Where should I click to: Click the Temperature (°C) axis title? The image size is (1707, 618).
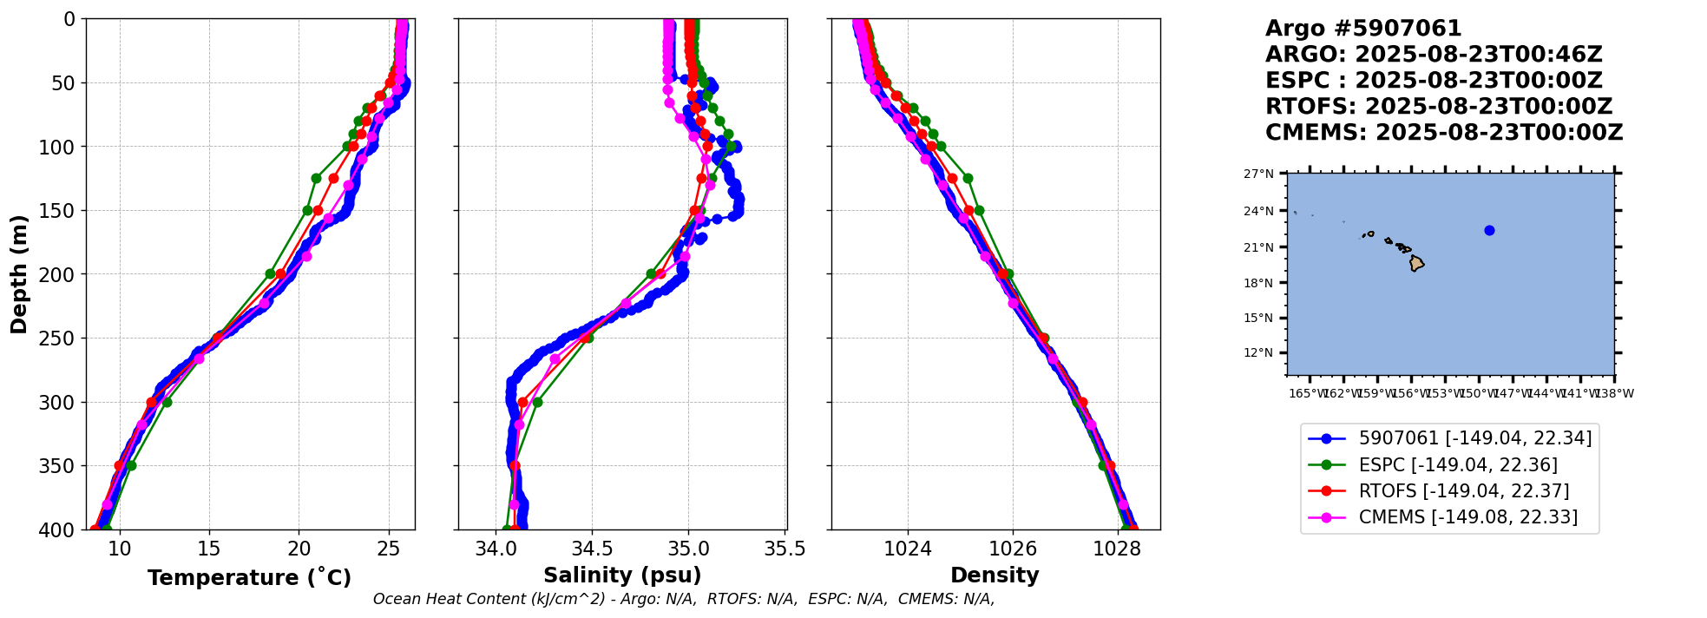(249, 578)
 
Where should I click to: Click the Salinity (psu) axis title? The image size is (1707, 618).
(622, 575)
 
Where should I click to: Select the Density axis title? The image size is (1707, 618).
(995, 575)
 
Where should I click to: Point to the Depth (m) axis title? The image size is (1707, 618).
(19, 273)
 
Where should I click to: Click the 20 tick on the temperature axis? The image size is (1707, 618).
(299, 549)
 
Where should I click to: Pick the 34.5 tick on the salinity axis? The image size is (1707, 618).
(592, 549)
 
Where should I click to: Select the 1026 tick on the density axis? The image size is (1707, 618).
(1013, 549)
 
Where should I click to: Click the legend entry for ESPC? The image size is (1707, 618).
(1457, 465)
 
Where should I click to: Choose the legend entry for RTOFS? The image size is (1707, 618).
(1463, 491)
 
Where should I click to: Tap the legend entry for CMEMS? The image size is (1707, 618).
(1467, 517)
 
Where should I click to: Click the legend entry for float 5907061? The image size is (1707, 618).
(1474, 439)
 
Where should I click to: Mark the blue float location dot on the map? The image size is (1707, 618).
(1489, 230)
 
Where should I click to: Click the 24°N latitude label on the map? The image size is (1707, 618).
(1258, 211)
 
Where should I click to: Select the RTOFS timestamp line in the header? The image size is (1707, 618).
(1438, 107)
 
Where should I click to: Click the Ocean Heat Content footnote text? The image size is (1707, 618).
(683, 599)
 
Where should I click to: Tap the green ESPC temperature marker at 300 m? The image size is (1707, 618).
(167, 402)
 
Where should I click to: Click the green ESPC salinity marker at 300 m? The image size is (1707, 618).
(537, 402)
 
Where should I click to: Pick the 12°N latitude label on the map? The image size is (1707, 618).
(1258, 352)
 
